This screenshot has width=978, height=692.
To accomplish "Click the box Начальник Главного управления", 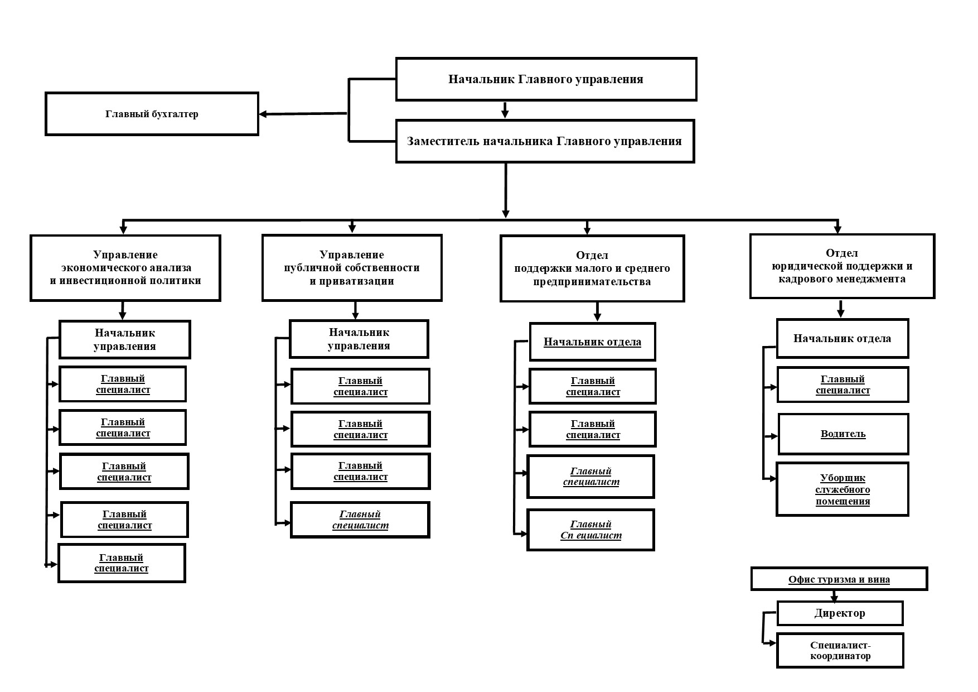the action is click(x=546, y=79).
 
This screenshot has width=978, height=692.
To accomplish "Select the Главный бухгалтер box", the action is click(x=152, y=114).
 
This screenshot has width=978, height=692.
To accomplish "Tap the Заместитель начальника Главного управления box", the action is click(x=545, y=141).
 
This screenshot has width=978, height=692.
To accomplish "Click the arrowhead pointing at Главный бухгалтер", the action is click(x=263, y=114).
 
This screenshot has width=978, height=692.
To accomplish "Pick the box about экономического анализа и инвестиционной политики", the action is click(x=125, y=268).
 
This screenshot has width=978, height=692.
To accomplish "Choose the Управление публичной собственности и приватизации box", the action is click(x=352, y=268).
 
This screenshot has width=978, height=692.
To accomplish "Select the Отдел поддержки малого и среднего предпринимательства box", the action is click(x=592, y=268).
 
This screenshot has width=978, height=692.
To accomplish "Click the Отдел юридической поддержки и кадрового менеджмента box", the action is click(x=842, y=266).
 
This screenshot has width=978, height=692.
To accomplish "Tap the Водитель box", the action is click(x=843, y=434).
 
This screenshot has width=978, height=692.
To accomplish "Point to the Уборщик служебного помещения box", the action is click(x=843, y=489).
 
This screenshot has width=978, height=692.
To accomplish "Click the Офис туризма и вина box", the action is click(x=839, y=579).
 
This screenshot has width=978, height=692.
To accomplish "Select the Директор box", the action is click(x=840, y=613).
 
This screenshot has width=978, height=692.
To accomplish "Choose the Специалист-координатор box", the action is click(x=840, y=651).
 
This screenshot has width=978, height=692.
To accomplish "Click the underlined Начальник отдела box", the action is click(x=592, y=342).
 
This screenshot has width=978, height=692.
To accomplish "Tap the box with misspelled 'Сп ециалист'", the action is click(x=590, y=530).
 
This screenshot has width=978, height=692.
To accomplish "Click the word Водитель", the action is click(x=843, y=434).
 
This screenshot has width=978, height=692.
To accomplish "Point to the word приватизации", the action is click(x=352, y=281).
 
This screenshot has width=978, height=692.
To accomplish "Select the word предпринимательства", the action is click(x=592, y=282).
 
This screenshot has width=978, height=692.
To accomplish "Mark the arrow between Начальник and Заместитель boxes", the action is click(x=505, y=110).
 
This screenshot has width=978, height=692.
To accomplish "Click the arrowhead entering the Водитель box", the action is click(x=773, y=436).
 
